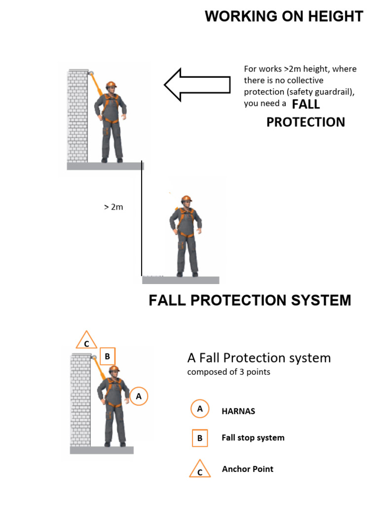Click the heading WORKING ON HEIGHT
pos(284,16)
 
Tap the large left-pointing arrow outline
pos(197,84)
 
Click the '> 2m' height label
pos(114,207)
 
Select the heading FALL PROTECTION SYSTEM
pos(250,300)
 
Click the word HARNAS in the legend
pos(238,411)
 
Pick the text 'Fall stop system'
pos(253,437)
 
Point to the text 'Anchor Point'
pos(247,469)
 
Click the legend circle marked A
pos(199,409)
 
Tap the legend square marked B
pos(200,437)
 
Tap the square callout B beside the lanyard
pos(108,356)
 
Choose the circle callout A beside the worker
pos(139,396)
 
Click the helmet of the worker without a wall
pos(186,199)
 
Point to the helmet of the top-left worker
pos(111,84)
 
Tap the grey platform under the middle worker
pos(181,280)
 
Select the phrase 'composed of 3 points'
pos(228,372)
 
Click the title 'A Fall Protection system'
pos(259,358)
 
